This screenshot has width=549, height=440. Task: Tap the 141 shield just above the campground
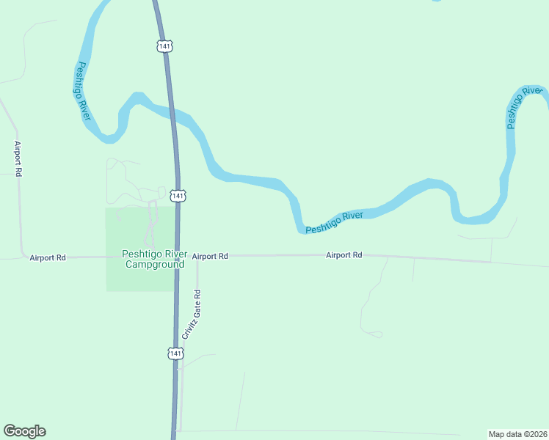tap(178, 196)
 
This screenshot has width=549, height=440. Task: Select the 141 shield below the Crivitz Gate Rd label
tap(175, 353)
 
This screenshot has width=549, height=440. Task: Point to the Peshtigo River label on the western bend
tap(83, 91)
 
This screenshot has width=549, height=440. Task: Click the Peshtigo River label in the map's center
tap(335, 221)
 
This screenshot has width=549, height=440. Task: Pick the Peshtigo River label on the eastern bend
tap(523, 107)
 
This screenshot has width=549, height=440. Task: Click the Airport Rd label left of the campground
tap(48, 257)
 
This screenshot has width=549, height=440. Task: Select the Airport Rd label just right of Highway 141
tap(210, 256)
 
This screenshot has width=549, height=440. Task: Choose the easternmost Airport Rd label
tap(344, 255)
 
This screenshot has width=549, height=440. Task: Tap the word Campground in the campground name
tap(153, 264)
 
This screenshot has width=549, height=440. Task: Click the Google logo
tap(24, 431)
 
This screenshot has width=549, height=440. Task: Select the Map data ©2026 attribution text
tap(517, 433)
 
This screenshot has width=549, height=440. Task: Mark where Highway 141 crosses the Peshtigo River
tap(173, 115)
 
